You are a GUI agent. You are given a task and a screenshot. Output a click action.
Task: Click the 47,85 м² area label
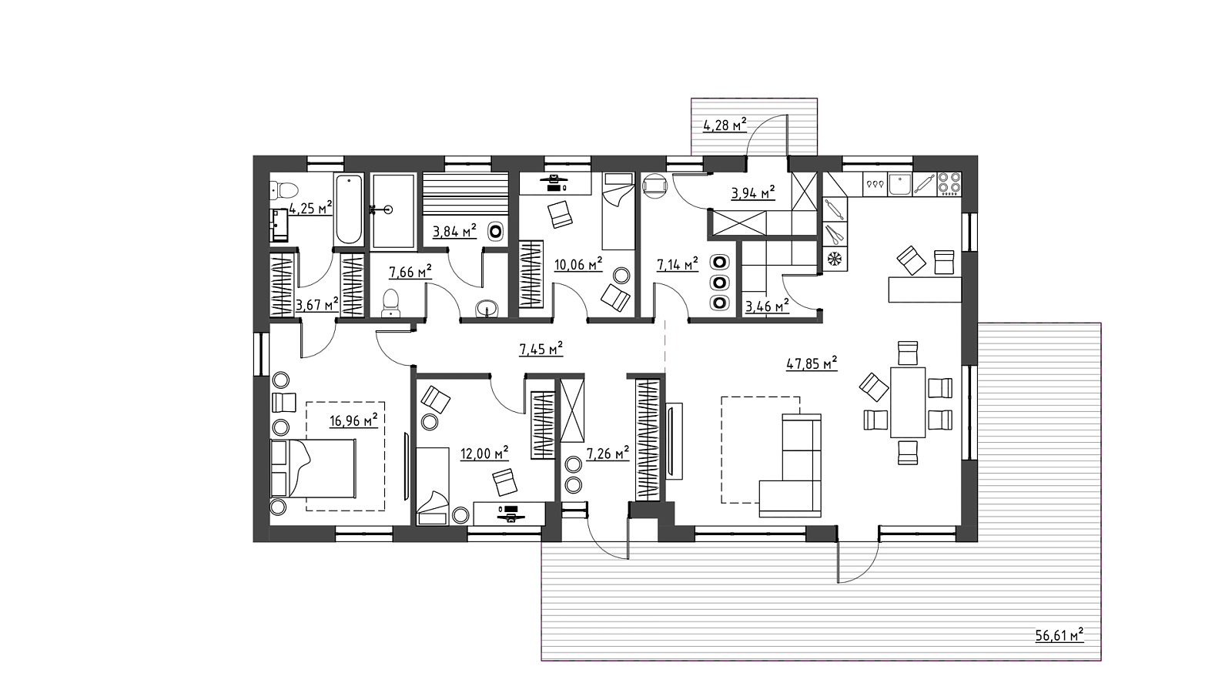812,363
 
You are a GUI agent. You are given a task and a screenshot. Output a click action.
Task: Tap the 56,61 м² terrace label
1060,635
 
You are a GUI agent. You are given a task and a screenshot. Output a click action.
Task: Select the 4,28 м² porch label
725,125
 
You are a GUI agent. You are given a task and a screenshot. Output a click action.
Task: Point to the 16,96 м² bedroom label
353,420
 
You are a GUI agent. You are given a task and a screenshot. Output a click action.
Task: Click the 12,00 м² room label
484,454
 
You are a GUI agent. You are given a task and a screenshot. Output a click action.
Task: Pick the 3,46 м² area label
767,306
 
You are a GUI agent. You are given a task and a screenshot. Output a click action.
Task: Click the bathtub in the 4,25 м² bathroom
349,209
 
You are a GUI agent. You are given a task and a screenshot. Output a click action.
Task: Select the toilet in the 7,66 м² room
390,303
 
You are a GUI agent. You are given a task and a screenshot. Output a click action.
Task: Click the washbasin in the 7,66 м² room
487,309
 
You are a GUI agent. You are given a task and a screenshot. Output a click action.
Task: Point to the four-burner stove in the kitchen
949,184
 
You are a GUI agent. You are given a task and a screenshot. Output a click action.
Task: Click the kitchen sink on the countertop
900,184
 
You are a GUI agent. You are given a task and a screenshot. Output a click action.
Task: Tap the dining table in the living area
908,402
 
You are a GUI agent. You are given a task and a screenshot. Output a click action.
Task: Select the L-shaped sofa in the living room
790,466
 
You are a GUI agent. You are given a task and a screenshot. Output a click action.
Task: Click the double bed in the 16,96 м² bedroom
313,468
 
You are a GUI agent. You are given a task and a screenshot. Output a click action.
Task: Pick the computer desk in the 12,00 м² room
509,514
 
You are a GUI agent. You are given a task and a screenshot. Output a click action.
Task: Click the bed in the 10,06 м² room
619,211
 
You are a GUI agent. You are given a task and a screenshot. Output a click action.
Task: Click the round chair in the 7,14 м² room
654,185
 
